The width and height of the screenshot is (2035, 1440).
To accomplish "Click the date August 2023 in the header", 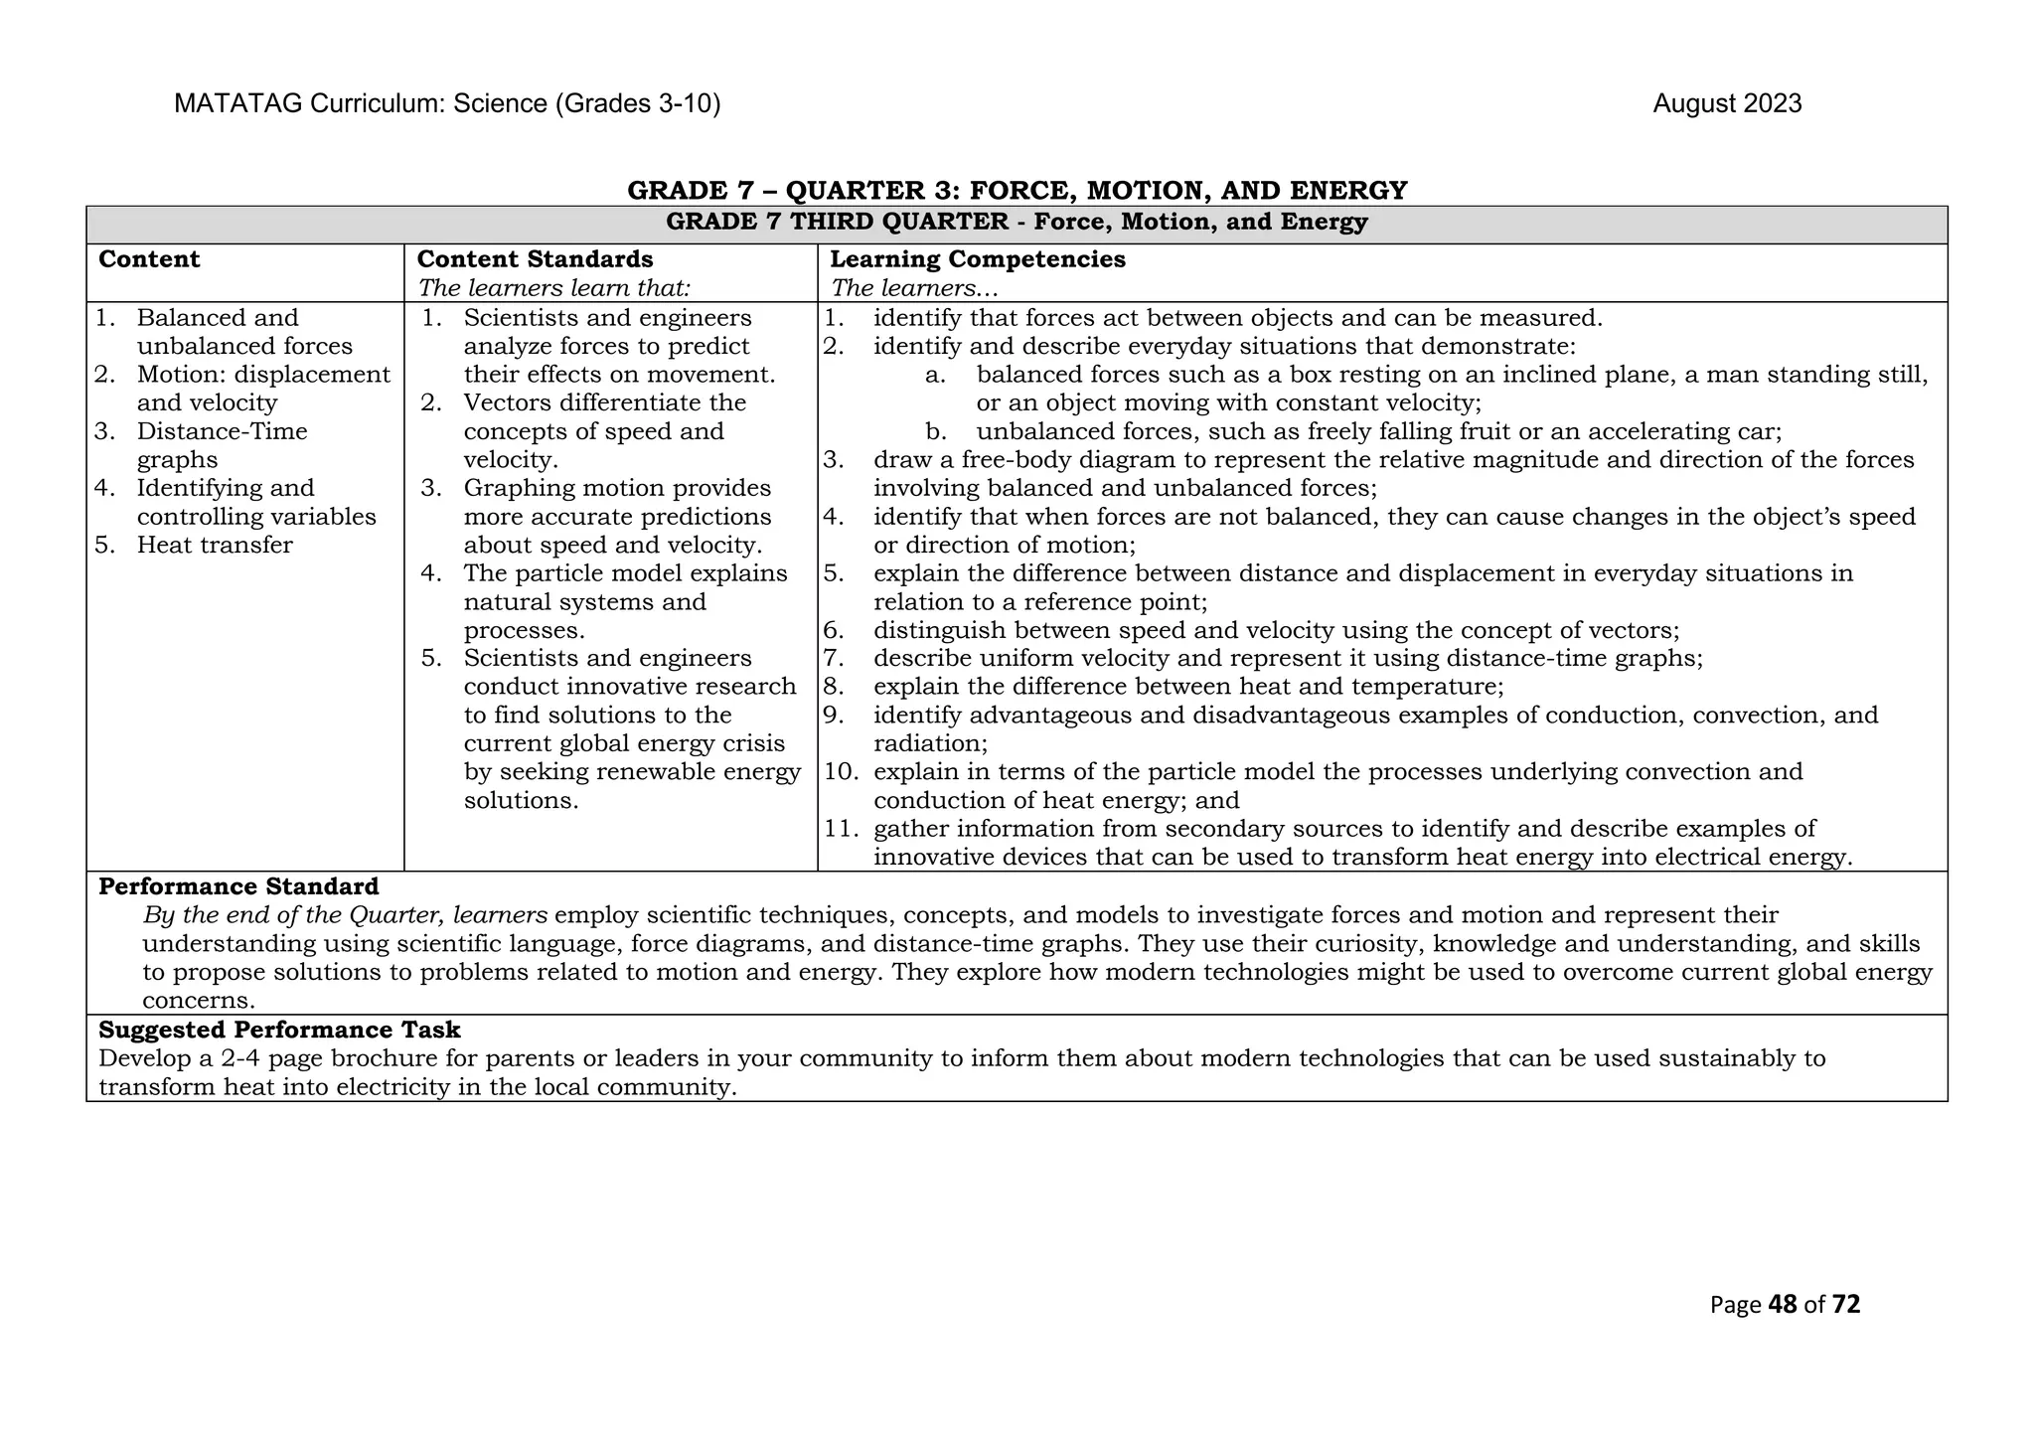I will point(1726,103).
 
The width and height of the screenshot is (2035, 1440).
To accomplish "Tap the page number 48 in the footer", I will point(1783,1304).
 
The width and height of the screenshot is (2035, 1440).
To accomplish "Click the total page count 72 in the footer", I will point(1845,1304).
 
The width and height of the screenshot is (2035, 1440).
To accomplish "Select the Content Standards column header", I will point(535,259).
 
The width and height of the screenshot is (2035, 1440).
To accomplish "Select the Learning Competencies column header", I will point(977,259).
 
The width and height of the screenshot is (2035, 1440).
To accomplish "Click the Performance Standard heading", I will point(238,886).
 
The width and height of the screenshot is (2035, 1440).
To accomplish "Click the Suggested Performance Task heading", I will point(279,1030).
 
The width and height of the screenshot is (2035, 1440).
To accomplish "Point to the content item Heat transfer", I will point(215,545).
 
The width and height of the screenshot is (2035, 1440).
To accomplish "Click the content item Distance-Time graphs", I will point(222,444).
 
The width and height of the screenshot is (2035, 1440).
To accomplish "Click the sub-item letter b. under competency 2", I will point(934,431).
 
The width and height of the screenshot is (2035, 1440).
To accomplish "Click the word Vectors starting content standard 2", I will point(505,402).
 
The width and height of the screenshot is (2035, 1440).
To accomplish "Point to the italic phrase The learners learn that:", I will point(553,288).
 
